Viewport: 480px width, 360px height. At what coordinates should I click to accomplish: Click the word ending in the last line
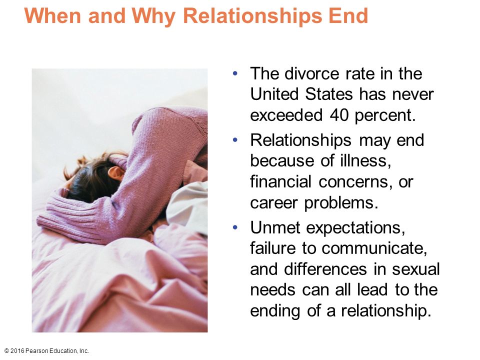(275, 310)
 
